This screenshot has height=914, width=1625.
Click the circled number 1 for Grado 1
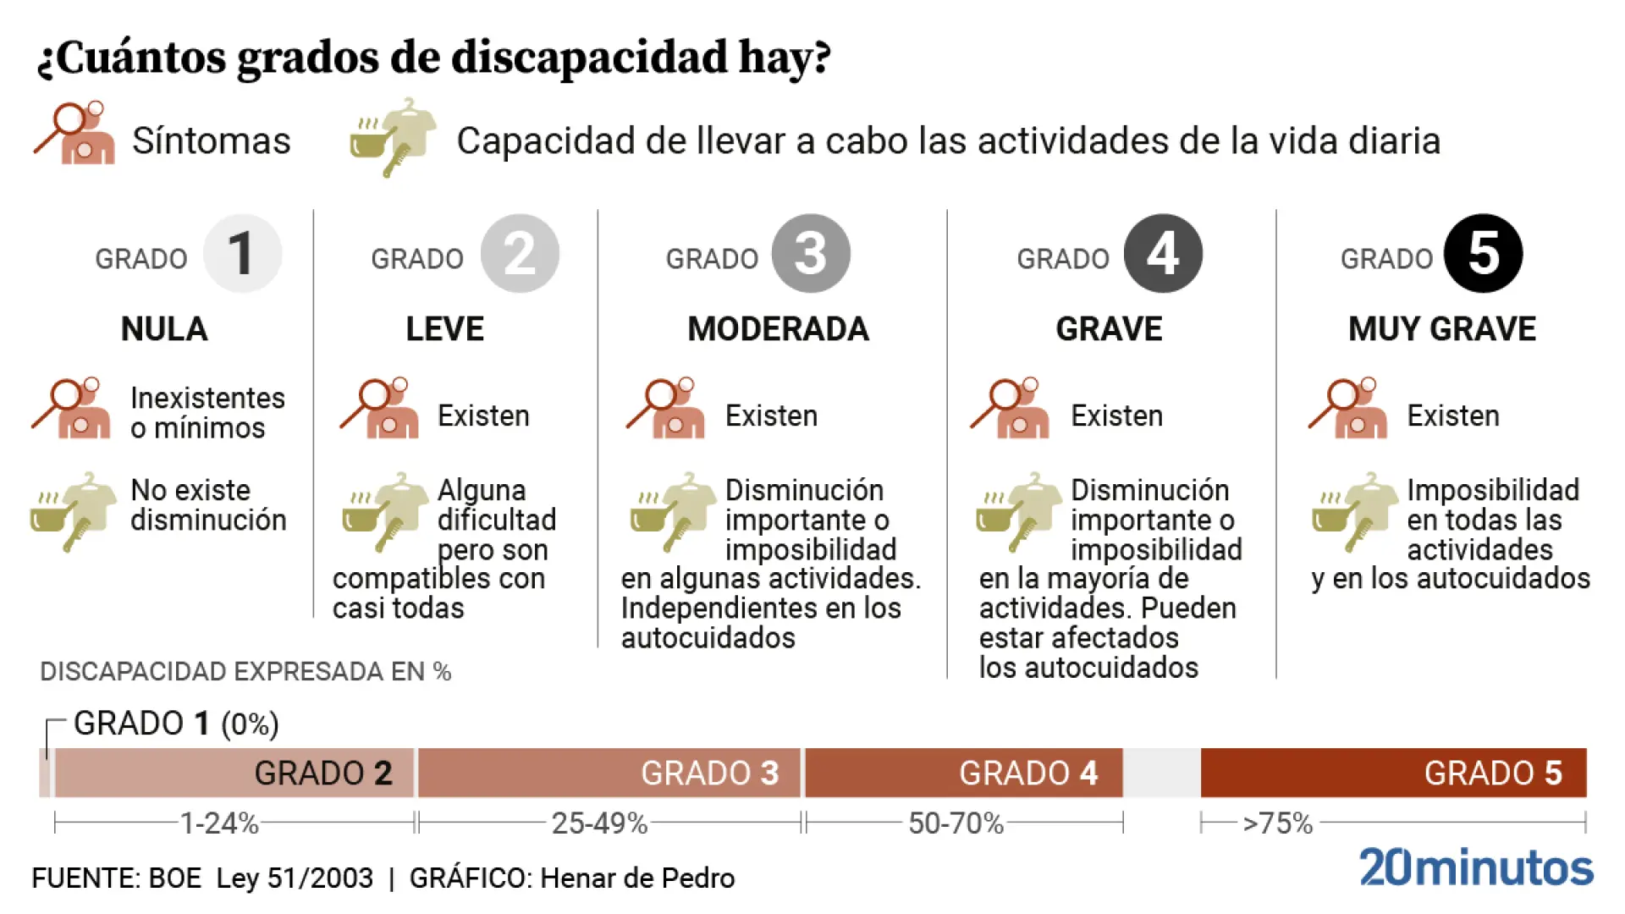242,253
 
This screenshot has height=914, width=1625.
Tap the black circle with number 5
1483,253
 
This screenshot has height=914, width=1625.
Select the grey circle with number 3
810,253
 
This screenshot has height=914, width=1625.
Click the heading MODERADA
778,329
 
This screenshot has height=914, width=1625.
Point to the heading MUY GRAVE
1441,329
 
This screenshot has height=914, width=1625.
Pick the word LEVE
444,329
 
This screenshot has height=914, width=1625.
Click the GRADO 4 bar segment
963,773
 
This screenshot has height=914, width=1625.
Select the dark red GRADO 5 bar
1393,773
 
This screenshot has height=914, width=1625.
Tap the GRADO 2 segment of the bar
234,773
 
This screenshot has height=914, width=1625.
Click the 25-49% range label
599,823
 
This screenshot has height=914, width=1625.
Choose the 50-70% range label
956,823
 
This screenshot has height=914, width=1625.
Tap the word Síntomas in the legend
211,140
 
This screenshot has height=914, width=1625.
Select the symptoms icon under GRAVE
1011,409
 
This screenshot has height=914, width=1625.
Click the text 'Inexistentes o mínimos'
207,413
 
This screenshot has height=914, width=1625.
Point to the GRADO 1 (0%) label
176,724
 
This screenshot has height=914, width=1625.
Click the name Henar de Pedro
637,878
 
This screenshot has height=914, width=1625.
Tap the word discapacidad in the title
589,58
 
